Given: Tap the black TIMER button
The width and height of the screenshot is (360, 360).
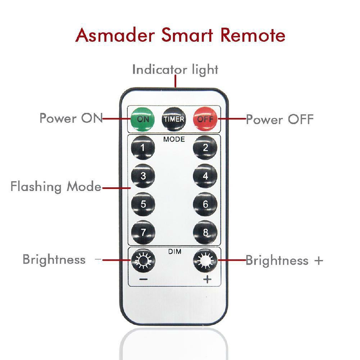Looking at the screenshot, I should (x=174, y=119).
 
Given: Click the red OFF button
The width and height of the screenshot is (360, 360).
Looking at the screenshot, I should (x=205, y=119).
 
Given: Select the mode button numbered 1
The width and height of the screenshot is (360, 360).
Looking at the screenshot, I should (x=143, y=148).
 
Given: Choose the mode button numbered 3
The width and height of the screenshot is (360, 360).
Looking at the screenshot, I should (x=143, y=176).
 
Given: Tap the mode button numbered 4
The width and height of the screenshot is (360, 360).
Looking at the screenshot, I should (x=205, y=176).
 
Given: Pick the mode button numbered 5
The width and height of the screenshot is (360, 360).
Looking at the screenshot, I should (x=143, y=204).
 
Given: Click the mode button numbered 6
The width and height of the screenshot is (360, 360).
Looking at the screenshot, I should (x=205, y=204).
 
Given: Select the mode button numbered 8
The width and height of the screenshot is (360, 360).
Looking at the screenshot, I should (x=205, y=232).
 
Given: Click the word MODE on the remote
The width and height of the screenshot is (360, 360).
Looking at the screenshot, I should (x=174, y=139).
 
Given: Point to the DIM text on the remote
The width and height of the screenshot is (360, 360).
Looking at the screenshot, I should (x=175, y=252).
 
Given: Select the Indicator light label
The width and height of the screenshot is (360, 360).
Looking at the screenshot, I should (x=175, y=69).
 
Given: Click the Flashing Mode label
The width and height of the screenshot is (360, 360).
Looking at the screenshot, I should (x=56, y=187).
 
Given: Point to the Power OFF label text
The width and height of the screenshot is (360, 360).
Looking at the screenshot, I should (x=279, y=119).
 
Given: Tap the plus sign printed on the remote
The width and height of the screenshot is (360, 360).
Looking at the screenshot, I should (x=207, y=280).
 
